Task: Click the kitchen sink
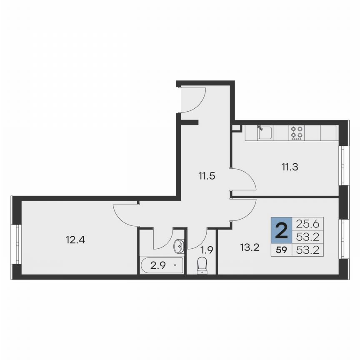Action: click(265, 133)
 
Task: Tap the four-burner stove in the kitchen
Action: click(297, 133)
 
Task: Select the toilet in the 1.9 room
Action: click(202, 265)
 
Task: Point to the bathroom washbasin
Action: click(179, 246)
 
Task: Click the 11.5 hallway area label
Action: click(206, 176)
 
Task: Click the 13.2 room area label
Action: click(250, 248)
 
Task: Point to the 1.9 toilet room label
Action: click(207, 250)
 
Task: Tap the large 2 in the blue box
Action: click(282, 230)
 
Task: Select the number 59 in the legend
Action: click(282, 250)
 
